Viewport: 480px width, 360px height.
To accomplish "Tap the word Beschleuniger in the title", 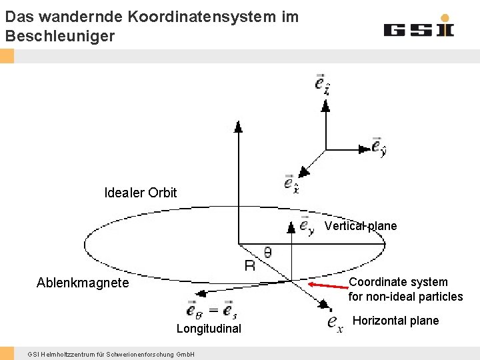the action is coord(60,36).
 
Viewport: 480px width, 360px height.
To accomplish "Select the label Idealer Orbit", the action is coord(141,193).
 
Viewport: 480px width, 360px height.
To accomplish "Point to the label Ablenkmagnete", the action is coord(83,283).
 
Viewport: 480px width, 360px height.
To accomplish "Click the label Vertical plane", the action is coord(361,226).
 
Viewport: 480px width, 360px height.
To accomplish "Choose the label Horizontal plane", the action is coord(395,321).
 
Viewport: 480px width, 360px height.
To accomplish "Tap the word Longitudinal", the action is coord(209,328).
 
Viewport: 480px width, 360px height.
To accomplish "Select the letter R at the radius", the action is coord(250,265).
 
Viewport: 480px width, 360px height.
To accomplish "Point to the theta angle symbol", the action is coord(267,252).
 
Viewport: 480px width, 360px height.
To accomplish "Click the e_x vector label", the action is coord(335,323).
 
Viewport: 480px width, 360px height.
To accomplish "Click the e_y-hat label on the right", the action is coord(378,147).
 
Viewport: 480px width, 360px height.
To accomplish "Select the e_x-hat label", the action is coord(291,183).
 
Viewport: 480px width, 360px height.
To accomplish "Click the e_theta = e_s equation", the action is coord(211,310).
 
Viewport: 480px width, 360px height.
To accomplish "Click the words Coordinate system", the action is coord(399,282).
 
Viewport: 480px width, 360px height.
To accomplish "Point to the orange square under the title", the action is coord(7,56).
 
